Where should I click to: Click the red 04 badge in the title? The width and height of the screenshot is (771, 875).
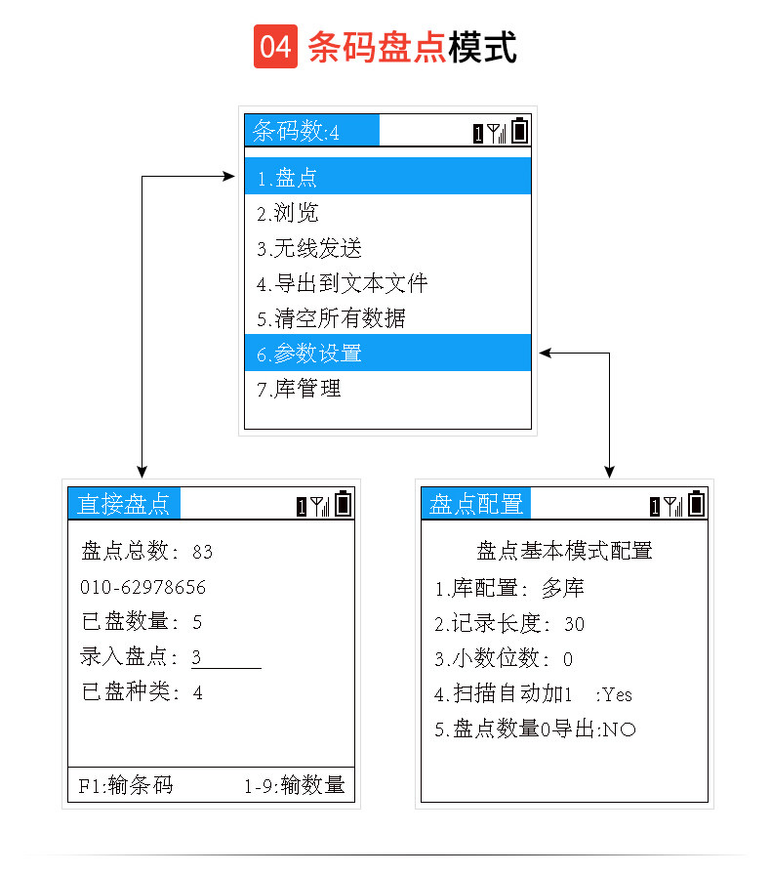click(x=276, y=47)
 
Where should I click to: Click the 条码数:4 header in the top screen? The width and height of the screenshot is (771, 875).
click(x=298, y=131)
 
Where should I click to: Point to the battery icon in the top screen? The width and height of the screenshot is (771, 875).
click(x=520, y=130)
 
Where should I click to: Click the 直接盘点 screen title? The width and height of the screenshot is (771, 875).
click(x=124, y=504)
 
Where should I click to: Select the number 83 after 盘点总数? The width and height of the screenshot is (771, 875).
click(x=202, y=552)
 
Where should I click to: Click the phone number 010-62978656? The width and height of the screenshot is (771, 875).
click(x=143, y=587)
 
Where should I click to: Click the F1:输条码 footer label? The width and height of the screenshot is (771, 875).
click(x=126, y=784)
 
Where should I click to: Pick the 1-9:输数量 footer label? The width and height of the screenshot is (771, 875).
click(x=294, y=784)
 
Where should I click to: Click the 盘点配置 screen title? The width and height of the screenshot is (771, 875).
click(x=477, y=504)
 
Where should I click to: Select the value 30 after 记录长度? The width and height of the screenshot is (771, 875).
click(x=575, y=624)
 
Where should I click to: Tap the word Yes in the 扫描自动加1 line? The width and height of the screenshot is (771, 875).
click(x=618, y=694)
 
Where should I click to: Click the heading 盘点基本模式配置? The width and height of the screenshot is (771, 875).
click(x=564, y=551)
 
